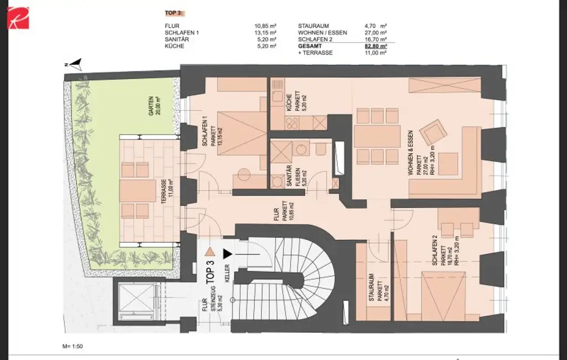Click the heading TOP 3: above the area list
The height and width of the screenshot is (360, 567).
[x=174, y=13]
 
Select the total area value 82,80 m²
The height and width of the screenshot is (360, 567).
[x=375, y=47]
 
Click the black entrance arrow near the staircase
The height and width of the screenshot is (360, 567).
[x=227, y=254]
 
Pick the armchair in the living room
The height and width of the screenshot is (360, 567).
[x=432, y=133]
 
